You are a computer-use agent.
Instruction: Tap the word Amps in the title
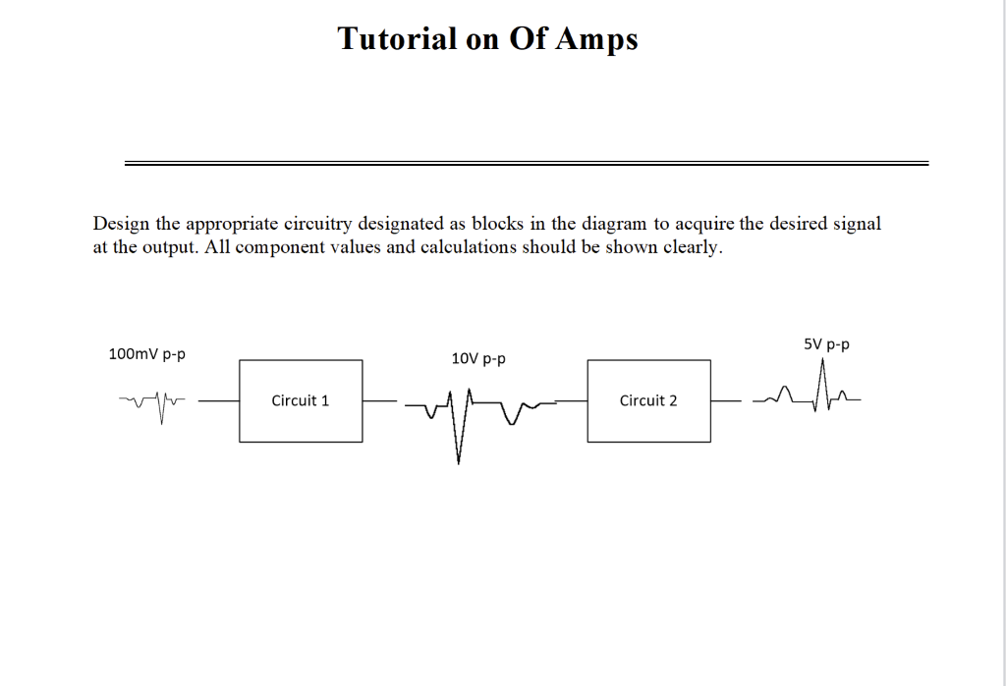598,39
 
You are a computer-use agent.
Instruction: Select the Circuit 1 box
301,400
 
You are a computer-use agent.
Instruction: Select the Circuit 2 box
648,400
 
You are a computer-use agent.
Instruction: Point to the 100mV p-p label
146,353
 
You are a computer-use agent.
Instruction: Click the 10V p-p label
478,359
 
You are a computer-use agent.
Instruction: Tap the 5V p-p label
826,344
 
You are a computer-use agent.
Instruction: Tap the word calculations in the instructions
468,247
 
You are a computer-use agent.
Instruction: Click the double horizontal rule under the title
527,163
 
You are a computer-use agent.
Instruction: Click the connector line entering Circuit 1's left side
218,400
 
